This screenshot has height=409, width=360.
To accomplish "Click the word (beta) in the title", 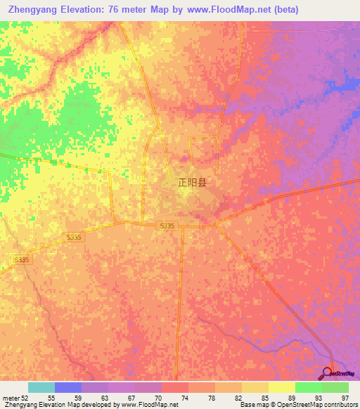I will click(282, 10).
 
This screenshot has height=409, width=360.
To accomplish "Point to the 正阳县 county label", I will click(191, 183).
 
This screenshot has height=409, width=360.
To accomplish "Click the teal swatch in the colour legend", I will click(41, 387).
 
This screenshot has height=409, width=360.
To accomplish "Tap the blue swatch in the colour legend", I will click(68, 387).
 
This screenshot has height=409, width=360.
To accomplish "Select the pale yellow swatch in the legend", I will click(281, 387).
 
